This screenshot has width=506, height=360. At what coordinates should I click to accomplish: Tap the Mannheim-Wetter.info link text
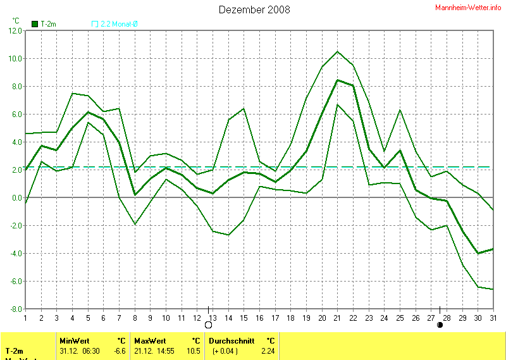click(x=469, y=7)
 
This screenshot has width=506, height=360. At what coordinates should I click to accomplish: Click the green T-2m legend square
click(x=34, y=24)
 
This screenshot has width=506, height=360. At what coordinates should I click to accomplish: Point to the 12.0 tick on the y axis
click(x=15, y=30)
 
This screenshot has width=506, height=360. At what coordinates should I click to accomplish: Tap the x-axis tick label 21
click(x=337, y=317)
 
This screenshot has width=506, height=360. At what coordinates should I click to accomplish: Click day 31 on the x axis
click(x=493, y=317)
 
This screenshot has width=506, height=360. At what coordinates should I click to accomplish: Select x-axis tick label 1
click(x=25, y=317)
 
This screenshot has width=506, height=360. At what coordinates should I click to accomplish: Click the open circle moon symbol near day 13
click(x=208, y=325)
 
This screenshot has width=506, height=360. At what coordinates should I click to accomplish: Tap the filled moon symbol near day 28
click(x=440, y=325)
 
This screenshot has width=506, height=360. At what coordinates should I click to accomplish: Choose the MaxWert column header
click(x=150, y=340)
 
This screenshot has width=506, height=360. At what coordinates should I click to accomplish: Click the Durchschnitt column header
click(x=231, y=340)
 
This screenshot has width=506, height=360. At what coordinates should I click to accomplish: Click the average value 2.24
click(x=269, y=351)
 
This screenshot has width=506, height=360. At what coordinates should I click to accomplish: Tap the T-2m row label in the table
click(x=15, y=351)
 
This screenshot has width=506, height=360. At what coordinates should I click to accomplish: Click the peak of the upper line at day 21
click(x=337, y=51)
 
